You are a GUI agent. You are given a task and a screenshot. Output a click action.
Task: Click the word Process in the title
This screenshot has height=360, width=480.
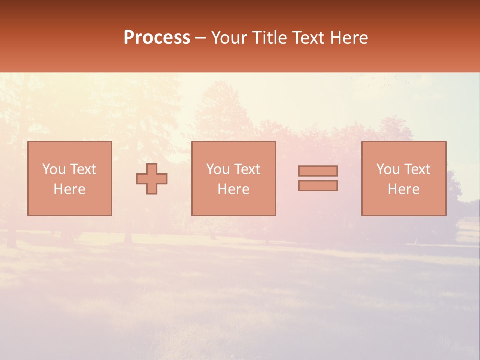click(x=157, y=38)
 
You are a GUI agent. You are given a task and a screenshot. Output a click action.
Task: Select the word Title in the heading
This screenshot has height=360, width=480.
click(x=270, y=38)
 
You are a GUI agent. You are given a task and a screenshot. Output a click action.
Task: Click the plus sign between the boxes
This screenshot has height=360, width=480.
click(x=152, y=179)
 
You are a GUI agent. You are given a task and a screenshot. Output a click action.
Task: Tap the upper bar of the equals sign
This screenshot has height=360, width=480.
click(x=318, y=171)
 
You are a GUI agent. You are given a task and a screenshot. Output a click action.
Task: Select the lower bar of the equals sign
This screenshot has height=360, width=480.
click(x=318, y=185)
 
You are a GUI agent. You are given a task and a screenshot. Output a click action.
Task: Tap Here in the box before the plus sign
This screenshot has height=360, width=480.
click(x=69, y=189)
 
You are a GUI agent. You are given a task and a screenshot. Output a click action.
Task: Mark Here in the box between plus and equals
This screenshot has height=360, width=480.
click(x=233, y=189)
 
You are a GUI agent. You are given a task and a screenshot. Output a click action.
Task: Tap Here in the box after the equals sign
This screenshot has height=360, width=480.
click(x=403, y=189)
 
